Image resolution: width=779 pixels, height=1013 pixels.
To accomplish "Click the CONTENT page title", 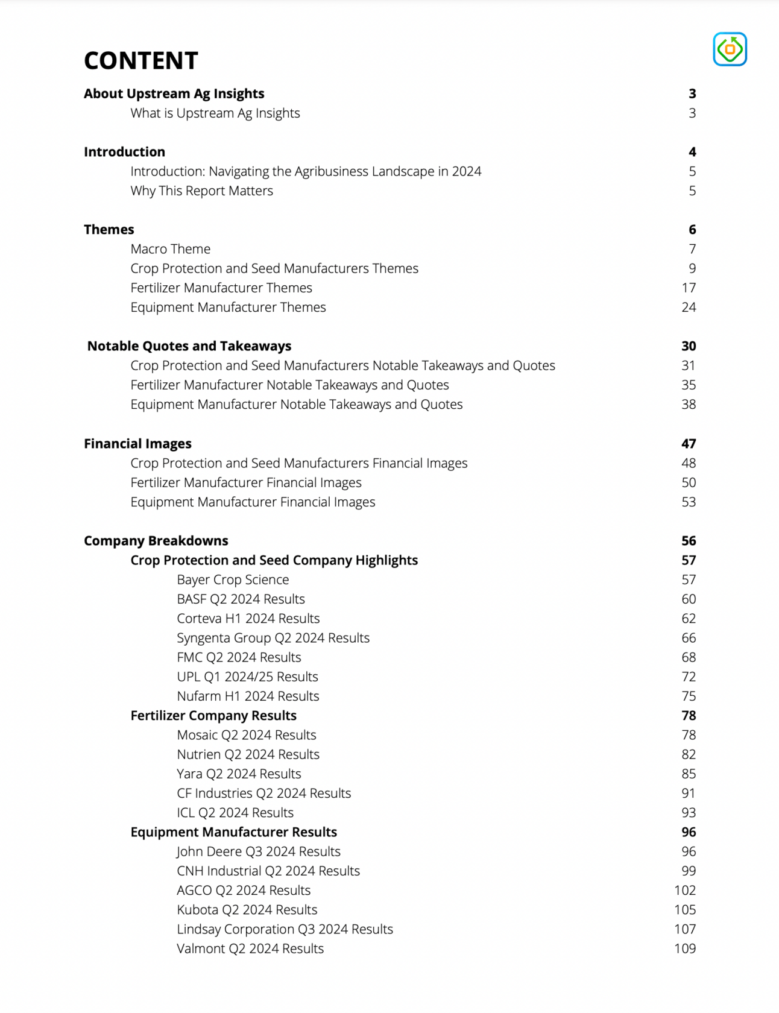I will click(x=140, y=60).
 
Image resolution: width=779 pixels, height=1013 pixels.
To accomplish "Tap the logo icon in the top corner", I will click(x=730, y=49).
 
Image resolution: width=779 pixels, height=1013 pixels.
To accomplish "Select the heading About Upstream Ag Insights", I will click(x=174, y=93).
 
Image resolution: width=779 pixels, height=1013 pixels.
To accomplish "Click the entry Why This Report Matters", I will click(x=201, y=191).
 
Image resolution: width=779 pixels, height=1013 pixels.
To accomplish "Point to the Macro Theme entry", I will click(x=170, y=249).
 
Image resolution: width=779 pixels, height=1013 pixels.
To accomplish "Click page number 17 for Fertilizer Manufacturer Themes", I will click(x=689, y=288).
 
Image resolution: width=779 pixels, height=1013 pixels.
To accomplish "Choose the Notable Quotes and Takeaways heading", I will click(x=189, y=346).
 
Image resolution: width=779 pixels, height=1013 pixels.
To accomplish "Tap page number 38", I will click(x=689, y=404).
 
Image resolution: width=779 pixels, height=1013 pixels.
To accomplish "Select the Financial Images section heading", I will click(x=137, y=444).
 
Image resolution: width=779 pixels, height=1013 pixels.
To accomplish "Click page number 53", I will click(x=689, y=502).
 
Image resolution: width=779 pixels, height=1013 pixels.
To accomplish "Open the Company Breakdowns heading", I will click(x=156, y=541).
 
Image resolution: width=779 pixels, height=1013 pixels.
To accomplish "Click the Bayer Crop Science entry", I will click(x=233, y=579).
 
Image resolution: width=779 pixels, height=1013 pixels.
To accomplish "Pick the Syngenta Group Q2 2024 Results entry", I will click(x=273, y=638).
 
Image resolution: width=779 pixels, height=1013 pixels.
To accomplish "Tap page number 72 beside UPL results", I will click(x=689, y=677).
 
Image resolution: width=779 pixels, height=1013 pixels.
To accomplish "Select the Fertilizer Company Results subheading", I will click(x=213, y=716).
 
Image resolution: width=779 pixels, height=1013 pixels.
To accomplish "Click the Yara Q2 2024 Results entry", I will click(x=239, y=774).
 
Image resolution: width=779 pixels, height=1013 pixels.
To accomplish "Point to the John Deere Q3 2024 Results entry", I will click(x=258, y=851).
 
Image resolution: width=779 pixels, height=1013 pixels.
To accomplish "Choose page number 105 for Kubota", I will click(x=685, y=909).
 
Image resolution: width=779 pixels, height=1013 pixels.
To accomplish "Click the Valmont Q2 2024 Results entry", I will click(x=250, y=948).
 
